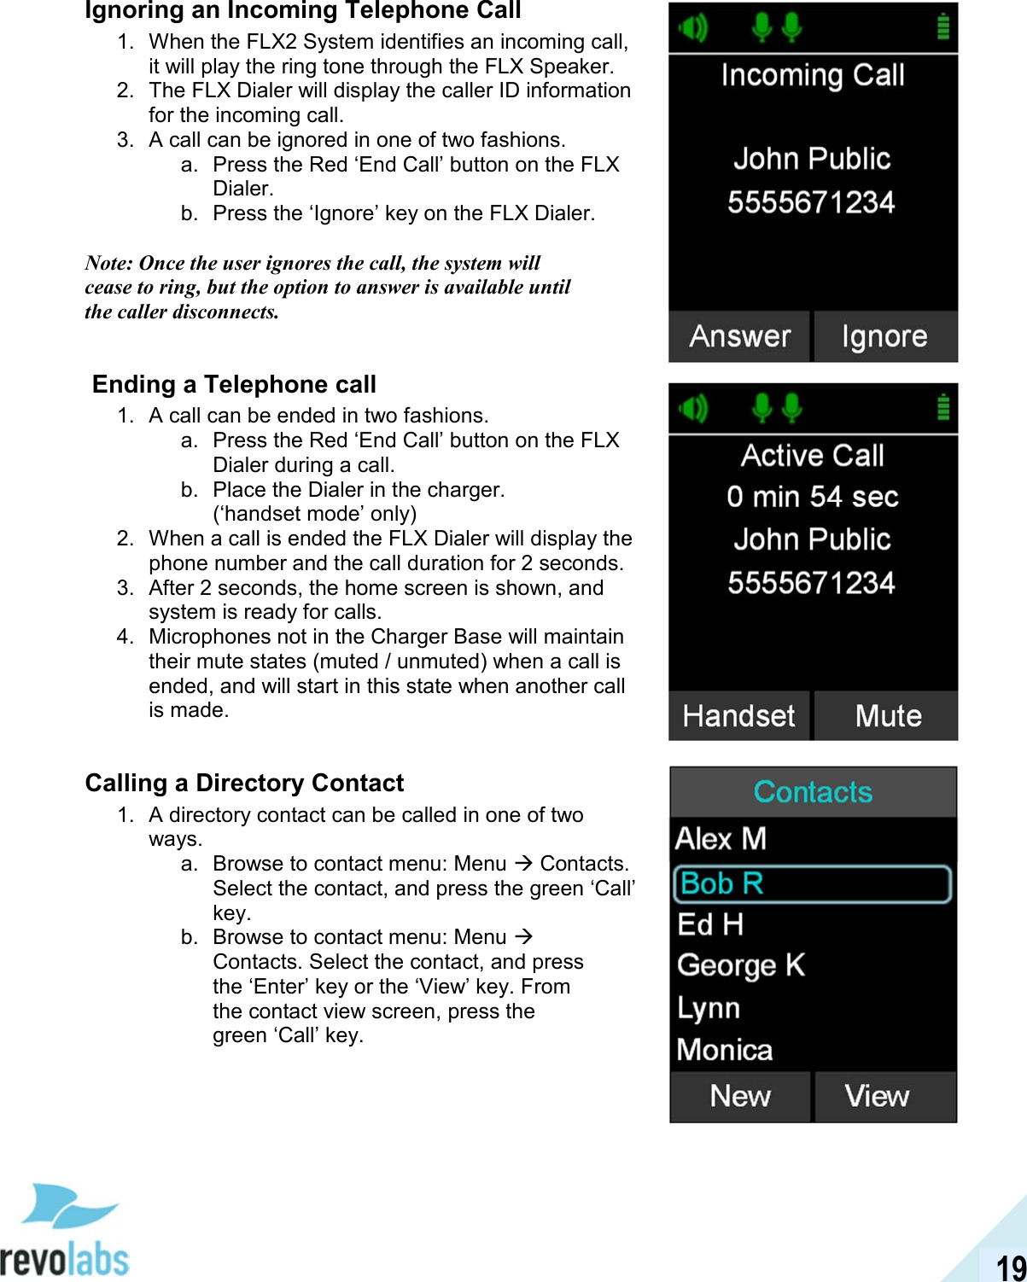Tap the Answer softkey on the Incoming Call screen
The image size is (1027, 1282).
coord(739,336)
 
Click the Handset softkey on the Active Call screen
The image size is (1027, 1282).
coord(739,716)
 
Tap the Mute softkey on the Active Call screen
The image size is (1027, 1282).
coord(887,716)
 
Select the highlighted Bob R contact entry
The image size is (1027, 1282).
coord(812,884)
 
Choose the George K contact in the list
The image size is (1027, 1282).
coord(741,965)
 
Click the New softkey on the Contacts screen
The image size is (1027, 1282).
coord(740,1096)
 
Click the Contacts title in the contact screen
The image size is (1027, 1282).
coord(813,792)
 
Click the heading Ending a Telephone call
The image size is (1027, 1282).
coord(234,385)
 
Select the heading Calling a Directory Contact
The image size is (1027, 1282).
coord(244,784)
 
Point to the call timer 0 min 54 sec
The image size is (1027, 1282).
coord(812,497)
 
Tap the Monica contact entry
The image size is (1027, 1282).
coord(725,1050)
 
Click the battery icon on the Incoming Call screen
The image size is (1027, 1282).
coord(942,27)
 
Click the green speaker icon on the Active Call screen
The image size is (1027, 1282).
coord(693,409)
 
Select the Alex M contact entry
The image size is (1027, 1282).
coord(721,839)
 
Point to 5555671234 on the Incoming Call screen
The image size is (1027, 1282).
coord(811,202)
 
